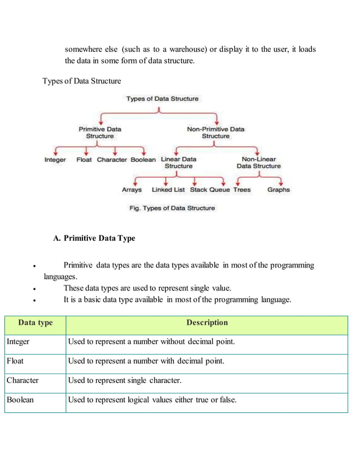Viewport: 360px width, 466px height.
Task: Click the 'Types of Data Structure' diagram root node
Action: click(162, 99)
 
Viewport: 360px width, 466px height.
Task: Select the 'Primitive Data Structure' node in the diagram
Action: click(99, 133)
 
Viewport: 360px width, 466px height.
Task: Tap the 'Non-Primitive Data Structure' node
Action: click(216, 133)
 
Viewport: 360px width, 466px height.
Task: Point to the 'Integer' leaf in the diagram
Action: click(55, 160)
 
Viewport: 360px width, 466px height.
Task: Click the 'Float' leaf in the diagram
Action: click(84, 160)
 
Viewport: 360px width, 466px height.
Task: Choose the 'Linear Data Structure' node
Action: click(178, 163)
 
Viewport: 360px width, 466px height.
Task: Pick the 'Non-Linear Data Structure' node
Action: click(258, 163)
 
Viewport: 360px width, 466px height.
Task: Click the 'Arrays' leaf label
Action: click(131, 190)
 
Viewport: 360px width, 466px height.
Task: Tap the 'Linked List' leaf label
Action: click(168, 190)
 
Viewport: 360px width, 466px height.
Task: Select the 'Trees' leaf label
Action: click(242, 190)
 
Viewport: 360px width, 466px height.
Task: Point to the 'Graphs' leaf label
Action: click(278, 190)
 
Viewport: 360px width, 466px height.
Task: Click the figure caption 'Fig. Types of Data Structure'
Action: click(173, 208)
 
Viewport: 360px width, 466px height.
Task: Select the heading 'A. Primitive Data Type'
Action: click(94, 238)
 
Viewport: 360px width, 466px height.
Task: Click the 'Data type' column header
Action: click(35, 323)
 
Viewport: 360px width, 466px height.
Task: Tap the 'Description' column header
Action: click(207, 323)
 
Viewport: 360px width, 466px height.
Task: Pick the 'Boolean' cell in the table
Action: click(20, 400)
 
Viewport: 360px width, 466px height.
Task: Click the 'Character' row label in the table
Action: click(23, 381)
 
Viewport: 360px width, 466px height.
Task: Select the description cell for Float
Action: click(146, 361)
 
